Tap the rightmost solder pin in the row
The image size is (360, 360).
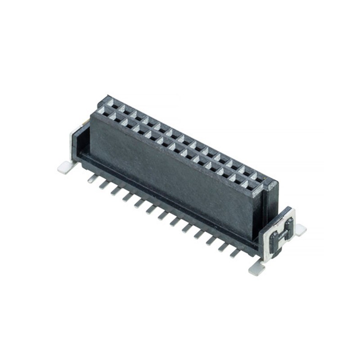[234, 253]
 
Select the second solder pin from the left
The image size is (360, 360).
[103, 185]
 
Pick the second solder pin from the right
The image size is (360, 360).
[222, 247]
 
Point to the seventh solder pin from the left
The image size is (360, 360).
[162, 216]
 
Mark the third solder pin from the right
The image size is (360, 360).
[211, 241]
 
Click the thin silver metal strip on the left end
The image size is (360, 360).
[73, 144]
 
